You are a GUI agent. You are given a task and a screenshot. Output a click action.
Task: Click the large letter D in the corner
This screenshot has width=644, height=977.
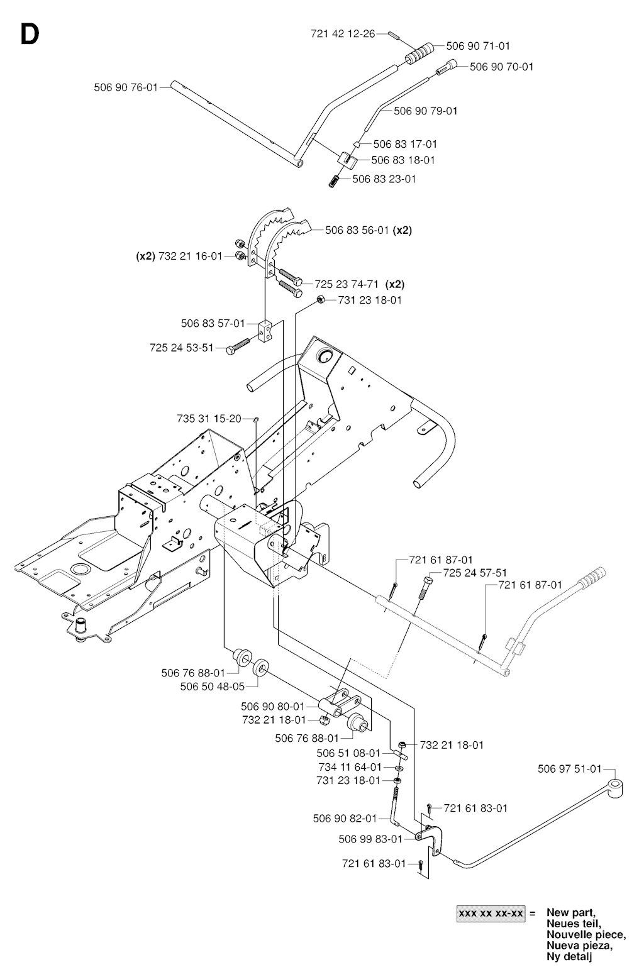point(30,35)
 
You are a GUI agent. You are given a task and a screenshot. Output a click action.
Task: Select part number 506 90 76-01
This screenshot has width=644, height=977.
point(126,87)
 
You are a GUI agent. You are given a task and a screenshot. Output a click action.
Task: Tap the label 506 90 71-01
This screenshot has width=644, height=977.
point(478,46)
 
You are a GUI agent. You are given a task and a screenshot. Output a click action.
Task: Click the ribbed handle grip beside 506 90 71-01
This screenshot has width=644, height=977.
point(418,53)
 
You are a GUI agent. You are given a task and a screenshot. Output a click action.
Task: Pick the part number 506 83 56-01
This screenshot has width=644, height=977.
point(357,230)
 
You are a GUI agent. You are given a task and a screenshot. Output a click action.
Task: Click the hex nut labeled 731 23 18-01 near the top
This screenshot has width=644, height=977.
point(320,300)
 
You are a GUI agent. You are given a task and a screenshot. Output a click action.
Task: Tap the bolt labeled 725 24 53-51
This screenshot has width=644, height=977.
point(237,345)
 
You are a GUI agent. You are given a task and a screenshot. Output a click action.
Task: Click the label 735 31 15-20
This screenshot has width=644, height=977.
point(209,419)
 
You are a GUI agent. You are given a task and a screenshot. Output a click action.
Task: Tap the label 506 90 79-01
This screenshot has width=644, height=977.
point(425,111)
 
